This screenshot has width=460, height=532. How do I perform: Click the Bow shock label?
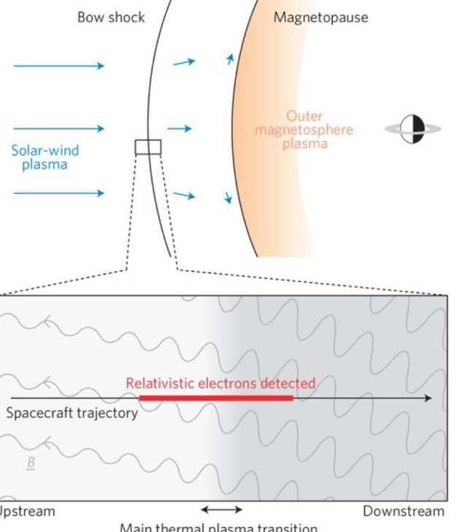111,17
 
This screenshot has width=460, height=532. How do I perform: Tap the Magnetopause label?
321,17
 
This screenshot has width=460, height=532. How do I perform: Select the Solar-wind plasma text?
45,158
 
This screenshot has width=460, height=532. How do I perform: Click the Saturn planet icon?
413,129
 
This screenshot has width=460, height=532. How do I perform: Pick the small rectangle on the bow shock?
147,147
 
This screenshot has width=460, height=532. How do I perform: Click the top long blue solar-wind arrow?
58,66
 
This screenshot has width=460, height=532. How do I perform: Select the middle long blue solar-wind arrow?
58,129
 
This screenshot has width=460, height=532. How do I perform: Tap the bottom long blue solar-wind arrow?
58,194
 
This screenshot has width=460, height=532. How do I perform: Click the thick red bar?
215,398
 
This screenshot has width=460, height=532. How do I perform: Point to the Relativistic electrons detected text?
221,383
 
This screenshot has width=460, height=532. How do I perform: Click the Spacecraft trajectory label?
72,413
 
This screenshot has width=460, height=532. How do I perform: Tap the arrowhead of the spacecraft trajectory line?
428,398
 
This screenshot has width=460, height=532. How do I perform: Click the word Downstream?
403,511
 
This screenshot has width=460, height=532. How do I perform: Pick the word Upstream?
27,511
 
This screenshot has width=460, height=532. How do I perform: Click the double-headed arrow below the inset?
221,509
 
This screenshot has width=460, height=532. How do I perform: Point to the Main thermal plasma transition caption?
219,527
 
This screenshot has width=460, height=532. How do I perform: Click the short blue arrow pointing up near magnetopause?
231,58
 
